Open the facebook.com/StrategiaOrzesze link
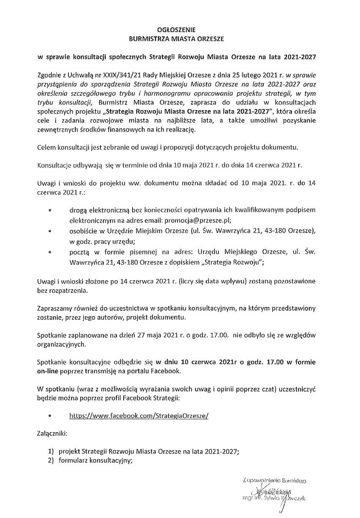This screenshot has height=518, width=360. [139, 415]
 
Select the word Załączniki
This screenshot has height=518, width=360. [52, 433]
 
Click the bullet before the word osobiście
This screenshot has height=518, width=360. [50, 232]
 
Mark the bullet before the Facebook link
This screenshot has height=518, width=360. [50, 415]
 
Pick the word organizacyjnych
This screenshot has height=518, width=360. [61, 344]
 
